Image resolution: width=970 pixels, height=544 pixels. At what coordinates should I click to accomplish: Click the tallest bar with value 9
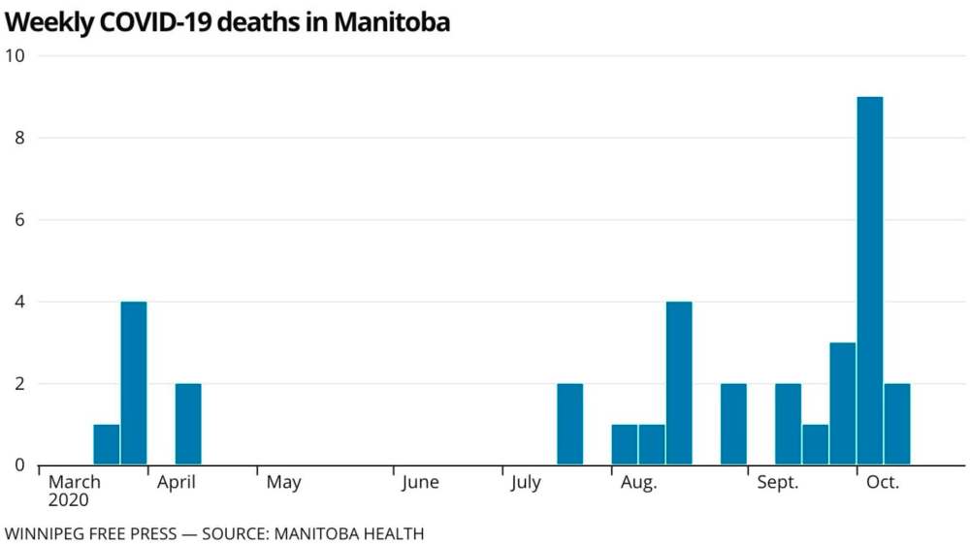click(870, 281)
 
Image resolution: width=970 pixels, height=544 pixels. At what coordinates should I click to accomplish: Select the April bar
click(188, 424)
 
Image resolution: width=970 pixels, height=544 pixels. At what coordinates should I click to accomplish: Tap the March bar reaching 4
click(134, 383)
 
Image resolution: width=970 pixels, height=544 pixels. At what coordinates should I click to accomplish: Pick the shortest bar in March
click(107, 444)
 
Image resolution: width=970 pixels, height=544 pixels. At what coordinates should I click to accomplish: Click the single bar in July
click(570, 424)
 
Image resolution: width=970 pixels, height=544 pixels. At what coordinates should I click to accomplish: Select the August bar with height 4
click(679, 383)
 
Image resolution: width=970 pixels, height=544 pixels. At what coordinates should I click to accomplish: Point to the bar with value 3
click(843, 403)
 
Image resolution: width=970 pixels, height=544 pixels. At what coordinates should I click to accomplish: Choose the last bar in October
click(897, 424)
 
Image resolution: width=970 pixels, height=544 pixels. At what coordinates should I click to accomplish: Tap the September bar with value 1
click(816, 444)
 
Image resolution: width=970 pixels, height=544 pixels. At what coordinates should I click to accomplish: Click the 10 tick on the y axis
click(16, 55)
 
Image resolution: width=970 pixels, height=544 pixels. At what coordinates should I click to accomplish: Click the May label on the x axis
click(283, 482)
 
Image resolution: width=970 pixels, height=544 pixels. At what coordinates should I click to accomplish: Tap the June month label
click(420, 482)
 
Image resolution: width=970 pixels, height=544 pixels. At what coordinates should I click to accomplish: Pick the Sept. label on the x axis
click(778, 482)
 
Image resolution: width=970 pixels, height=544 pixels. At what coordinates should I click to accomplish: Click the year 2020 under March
click(68, 500)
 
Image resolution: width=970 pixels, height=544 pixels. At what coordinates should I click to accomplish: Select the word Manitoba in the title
click(392, 22)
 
